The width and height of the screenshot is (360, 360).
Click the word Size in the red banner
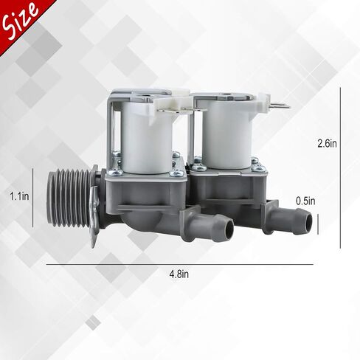coord(21,20)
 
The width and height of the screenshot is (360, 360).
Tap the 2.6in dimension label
coord(327,143)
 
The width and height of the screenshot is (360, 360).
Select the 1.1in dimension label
coord(19,196)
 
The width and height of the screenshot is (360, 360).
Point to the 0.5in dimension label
coord(305,201)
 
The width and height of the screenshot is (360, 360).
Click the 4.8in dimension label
coord(179,274)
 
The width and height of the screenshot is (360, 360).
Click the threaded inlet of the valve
coord(69,199)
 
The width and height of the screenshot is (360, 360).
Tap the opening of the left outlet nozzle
coord(228,228)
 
